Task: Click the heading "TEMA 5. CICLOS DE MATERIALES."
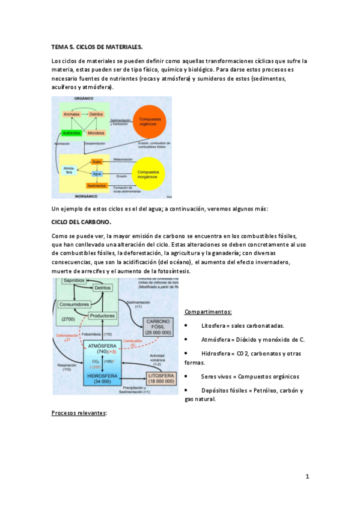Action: click(x=97, y=46)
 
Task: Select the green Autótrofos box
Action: click(x=72, y=132)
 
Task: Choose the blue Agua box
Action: click(x=97, y=174)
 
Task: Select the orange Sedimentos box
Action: click(x=97, y=185)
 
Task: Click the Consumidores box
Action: click(x=74, y=304)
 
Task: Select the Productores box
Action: click(x=102, y=316)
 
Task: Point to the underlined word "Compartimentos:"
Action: click(x=208, y=312)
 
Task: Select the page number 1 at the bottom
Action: click(x=307, y=477)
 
